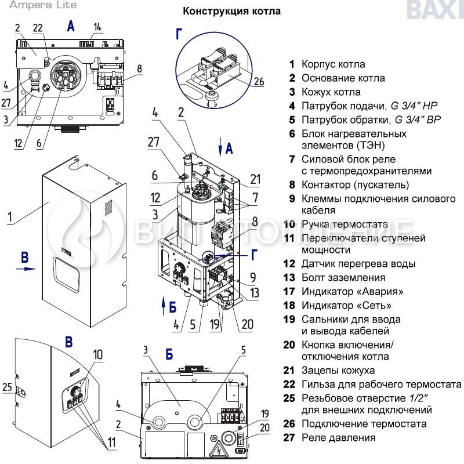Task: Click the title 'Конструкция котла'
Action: click(x=232, y=11)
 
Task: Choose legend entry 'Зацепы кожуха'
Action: click(x=338, y=371)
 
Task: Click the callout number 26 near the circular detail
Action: click(x=259, y=82)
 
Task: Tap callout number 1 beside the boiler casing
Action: click(x=10, y=218)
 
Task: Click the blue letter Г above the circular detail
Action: click(x=180, y=35)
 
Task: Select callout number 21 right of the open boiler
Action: click(x=256, y=177)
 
